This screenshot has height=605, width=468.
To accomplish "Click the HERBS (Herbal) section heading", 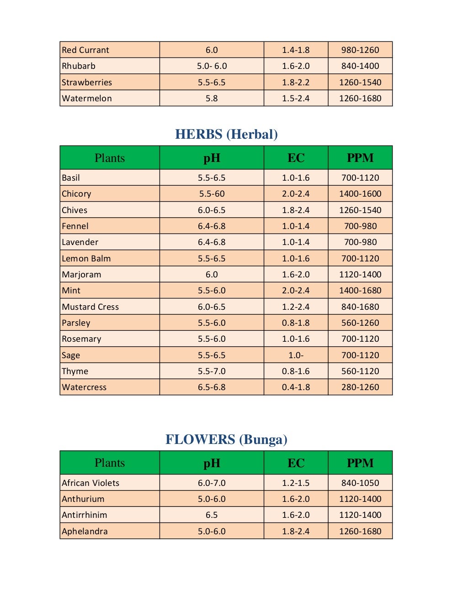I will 226,134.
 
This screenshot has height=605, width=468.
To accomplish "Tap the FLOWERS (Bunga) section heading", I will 226,439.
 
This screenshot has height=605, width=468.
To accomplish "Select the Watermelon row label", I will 87,98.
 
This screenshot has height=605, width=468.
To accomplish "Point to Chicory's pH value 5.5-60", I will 212,194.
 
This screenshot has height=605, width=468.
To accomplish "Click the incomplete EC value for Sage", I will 296,355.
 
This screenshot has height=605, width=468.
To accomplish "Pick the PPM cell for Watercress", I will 360,387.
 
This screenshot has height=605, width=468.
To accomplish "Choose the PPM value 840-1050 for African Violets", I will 360,483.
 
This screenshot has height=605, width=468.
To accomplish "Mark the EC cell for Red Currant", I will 296,50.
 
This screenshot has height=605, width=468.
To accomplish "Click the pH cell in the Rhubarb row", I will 212,66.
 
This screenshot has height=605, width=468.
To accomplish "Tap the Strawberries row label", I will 87,83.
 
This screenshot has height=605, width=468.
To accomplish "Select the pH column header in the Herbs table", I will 212,158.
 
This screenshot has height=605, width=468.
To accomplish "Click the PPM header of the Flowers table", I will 360,463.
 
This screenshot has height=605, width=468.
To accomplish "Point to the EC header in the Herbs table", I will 296,158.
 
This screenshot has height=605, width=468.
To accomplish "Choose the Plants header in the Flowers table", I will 110,463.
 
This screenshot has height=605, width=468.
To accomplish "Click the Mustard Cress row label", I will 90,307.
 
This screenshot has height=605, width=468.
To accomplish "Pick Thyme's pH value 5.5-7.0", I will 212,371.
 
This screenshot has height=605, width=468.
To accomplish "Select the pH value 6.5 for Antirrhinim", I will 212,515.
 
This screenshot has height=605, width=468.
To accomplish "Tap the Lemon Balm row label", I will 86,259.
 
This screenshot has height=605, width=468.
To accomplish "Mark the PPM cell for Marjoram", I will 360,275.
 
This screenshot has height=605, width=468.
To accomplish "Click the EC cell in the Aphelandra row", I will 296,532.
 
